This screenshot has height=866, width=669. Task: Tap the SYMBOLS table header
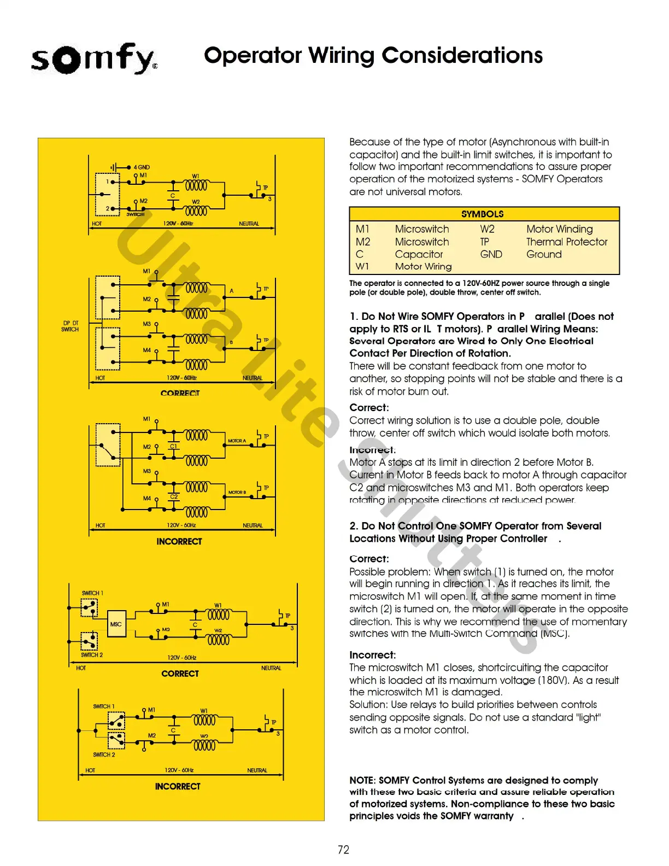pos(483,214)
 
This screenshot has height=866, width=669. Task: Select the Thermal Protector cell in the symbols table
pos(567,242)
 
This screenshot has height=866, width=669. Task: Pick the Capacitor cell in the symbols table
pos(419,254)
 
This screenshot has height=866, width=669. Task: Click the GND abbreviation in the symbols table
pos(491,254)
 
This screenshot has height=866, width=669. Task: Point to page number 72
pos(343,850)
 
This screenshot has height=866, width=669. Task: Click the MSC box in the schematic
pos(116,624)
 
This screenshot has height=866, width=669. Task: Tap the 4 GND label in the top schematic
pos(141,167)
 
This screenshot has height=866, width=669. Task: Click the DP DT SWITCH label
pos(70,326)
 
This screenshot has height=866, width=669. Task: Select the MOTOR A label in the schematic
pos(237,441)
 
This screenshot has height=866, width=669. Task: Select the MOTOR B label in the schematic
pos(237,493)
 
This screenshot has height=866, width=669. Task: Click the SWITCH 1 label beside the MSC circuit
pos(92,593)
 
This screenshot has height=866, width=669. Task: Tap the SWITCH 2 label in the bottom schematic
pos(104,754)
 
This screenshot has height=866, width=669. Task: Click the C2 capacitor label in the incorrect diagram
pos(174,496)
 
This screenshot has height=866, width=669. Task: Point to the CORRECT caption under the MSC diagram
pos(180,674)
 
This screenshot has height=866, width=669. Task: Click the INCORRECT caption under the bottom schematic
pos(178,786)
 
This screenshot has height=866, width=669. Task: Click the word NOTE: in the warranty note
pos(362,780)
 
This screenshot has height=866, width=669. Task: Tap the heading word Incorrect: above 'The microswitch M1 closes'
pos(372,655)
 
